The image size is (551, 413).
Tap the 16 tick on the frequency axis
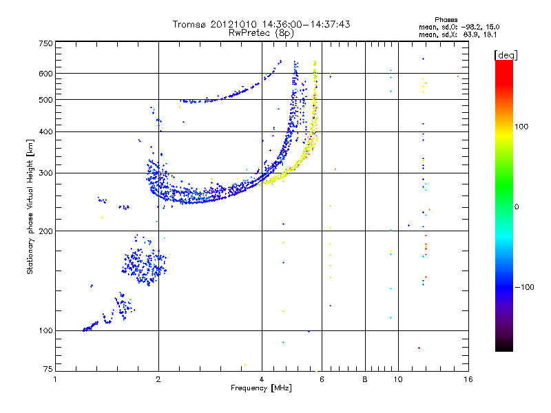[x=467, y=379]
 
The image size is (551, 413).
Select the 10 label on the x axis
[x=397, y=379]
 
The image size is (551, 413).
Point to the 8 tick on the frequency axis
[x=365, y=379]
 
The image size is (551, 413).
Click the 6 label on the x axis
[x=322, y=379]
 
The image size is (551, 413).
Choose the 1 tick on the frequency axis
[x=56, y=379]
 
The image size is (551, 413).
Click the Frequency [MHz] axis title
[x=261, y=389]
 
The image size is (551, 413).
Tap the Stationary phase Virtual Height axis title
[x=30, y=206]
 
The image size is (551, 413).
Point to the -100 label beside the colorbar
[x=526, y=287]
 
